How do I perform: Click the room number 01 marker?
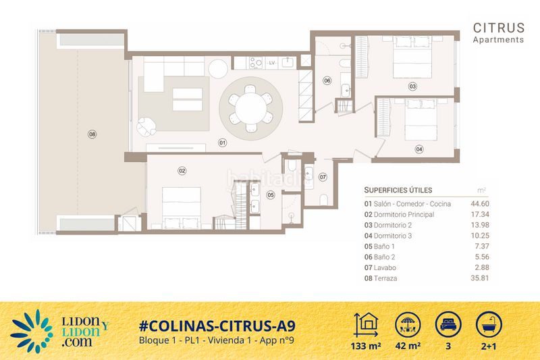tap(223, 143)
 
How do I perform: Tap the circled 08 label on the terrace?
tap(92, 134)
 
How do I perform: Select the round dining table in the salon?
tap(250, 109)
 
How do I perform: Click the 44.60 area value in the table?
tap(480, 203)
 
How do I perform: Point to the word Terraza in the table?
tap(385, 278)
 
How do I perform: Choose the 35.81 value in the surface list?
tap(480, 278)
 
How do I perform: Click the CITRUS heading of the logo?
tap(499, 28)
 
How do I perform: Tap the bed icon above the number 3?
tap(448, 325)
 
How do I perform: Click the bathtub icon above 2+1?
tap(489, 325)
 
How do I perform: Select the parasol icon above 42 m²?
tap(408, 325)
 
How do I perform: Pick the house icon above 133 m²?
tap(366, 325)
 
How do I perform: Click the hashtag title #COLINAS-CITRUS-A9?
tap(217, 326)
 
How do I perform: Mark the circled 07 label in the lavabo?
tap(323, 177)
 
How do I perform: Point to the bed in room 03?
tap(412, 57)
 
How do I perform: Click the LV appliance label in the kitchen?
tap(272, 63)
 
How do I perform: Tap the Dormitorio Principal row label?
tap(404, 214)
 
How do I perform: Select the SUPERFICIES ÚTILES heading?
tap(398, 190)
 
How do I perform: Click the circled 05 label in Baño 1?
tap(271, 195)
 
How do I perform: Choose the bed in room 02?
tap(182, 208)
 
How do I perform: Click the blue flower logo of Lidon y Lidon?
tap(32, 332)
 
